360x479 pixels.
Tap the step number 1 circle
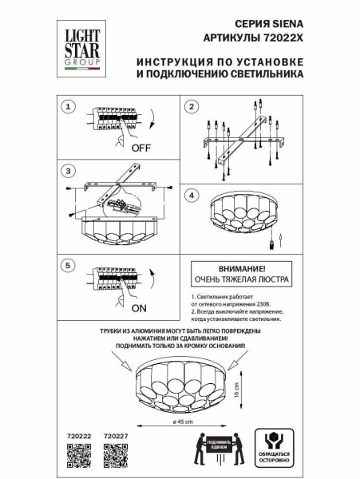69,107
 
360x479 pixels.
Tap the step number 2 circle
192,107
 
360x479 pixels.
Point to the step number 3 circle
69,170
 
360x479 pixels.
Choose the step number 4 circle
192,195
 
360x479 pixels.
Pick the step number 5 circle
69,264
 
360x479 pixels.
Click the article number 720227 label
117,436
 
